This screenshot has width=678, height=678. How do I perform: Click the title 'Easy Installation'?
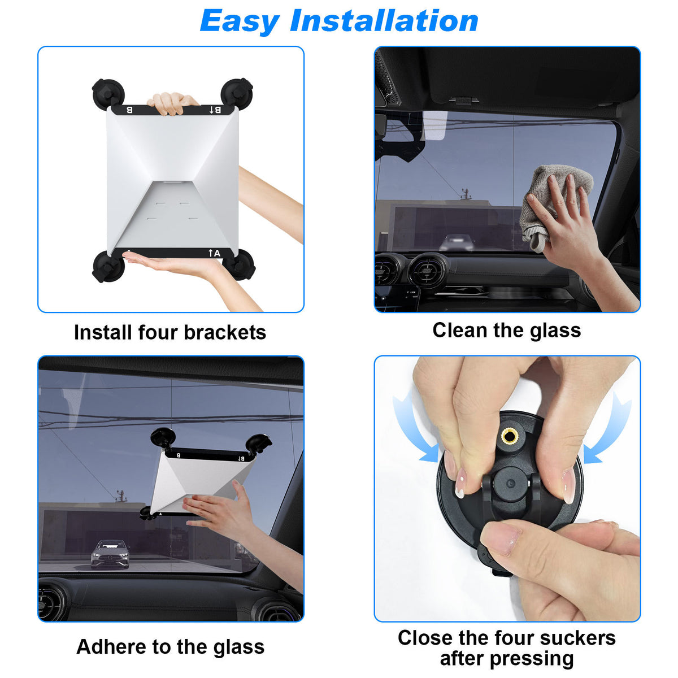(339, 21)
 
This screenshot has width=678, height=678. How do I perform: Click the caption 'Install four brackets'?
(169, 332)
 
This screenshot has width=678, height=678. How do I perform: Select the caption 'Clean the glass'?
(506, 331)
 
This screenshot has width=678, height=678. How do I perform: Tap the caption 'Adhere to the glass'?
(170, 647)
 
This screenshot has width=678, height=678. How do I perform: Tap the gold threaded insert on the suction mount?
(510, 436)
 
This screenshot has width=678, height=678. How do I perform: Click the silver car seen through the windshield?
(110, 553)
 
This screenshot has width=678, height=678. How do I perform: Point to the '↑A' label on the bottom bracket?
(214, 253)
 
